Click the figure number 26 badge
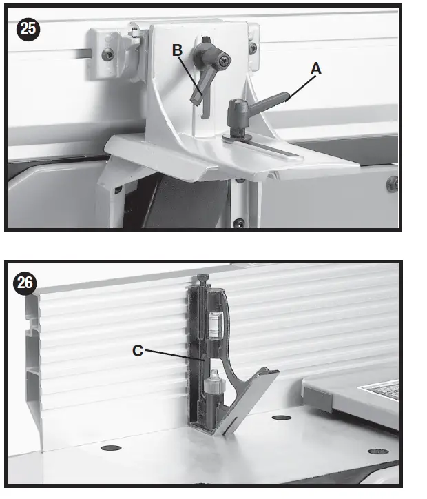tap(27, 283)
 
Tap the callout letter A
tap(316, 68)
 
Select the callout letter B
tap(177, 50)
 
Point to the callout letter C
tap(138, 350)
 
